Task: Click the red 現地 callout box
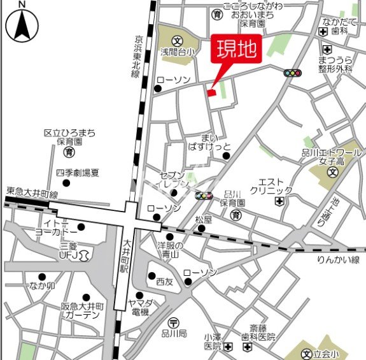pos(234,50)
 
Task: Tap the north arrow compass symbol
pos(22,24)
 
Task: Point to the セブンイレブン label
pos(172,180)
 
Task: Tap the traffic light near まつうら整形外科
pos(293,73)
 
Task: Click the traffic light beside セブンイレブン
pos(204,196)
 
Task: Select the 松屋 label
pos(204,220)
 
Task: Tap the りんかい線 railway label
pos(338,259)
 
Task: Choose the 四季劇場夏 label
pos(78,172)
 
